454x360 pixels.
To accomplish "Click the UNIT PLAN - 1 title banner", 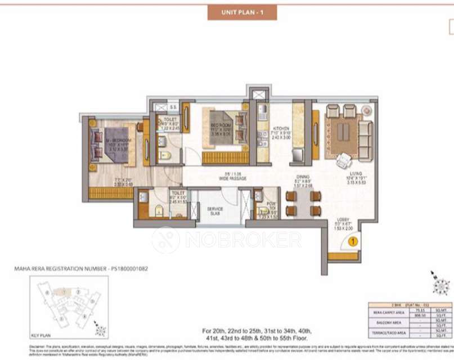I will coord(242,12).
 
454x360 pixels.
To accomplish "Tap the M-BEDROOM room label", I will coord(118,139).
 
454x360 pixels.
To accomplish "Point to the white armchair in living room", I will coord(343,161).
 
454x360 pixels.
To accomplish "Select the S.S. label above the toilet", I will coord(173,107).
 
